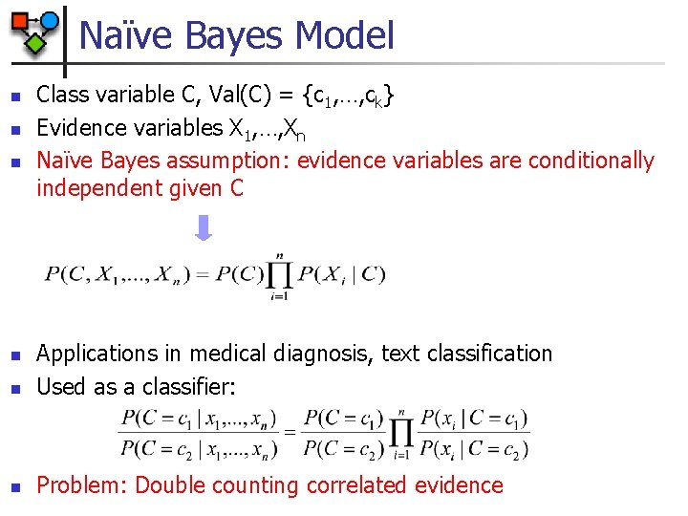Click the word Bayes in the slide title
pyautogui.click(x=230, y=36)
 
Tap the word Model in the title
pyautogui.click(x=345, y=36)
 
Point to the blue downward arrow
pyautogui.click(x=203, y=227)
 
